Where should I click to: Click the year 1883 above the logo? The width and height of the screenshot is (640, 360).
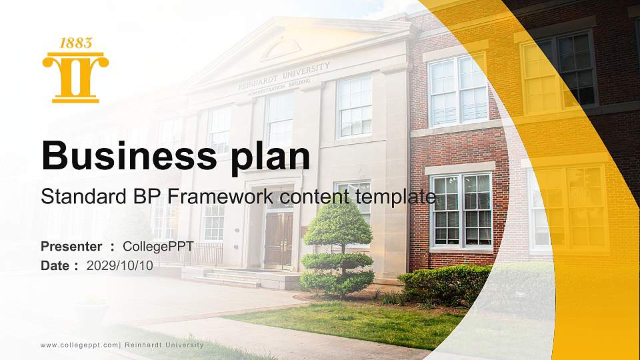pos(75,43)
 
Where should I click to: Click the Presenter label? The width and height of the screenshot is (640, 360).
pos(71,247)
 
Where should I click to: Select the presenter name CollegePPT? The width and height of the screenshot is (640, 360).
pos(158,247)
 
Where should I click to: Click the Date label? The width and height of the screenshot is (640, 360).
pos(56,265)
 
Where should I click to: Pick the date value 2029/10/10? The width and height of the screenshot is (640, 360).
pos(119,265)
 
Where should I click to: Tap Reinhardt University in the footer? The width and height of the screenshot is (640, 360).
pos(166,345)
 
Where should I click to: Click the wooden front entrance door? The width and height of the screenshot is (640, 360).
pos(278,240)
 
